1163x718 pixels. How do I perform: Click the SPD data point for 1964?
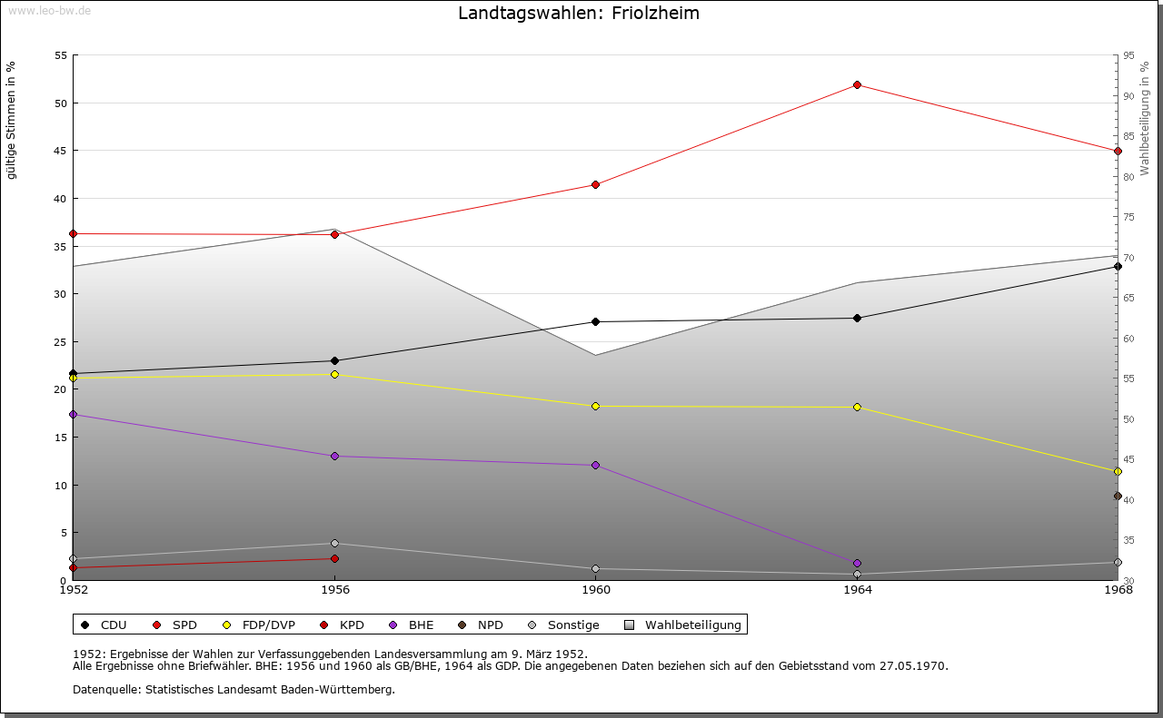[857, 84]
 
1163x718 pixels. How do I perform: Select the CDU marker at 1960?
[595, 321]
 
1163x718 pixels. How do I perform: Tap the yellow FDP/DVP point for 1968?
[1118, 472]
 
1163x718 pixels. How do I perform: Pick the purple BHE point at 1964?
[857, 563]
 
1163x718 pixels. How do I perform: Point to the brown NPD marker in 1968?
[1118, 496]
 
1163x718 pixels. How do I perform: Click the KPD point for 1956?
[334, 559]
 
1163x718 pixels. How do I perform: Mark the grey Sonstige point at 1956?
[334, 543]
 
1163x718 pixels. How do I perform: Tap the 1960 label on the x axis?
[596, 590]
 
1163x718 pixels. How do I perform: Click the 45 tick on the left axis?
[61, 151]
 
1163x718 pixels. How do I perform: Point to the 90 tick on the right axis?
[1128, 96]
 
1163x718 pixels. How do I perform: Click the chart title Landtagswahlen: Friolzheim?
[579, 13]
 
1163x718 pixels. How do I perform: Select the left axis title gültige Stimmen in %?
[11, 121]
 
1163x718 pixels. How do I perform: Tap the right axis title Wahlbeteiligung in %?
[1144, 119]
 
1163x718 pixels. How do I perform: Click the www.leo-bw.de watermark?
[49, 10]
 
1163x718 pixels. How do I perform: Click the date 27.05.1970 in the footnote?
[913, 666]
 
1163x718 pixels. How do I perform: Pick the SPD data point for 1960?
[595, 184]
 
